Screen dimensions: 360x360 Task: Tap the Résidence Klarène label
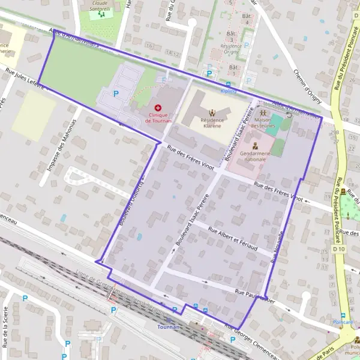click(211, 123)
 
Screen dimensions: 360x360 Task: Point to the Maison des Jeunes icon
click(263, 112)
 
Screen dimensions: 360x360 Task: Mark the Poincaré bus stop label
click(343, 323)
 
